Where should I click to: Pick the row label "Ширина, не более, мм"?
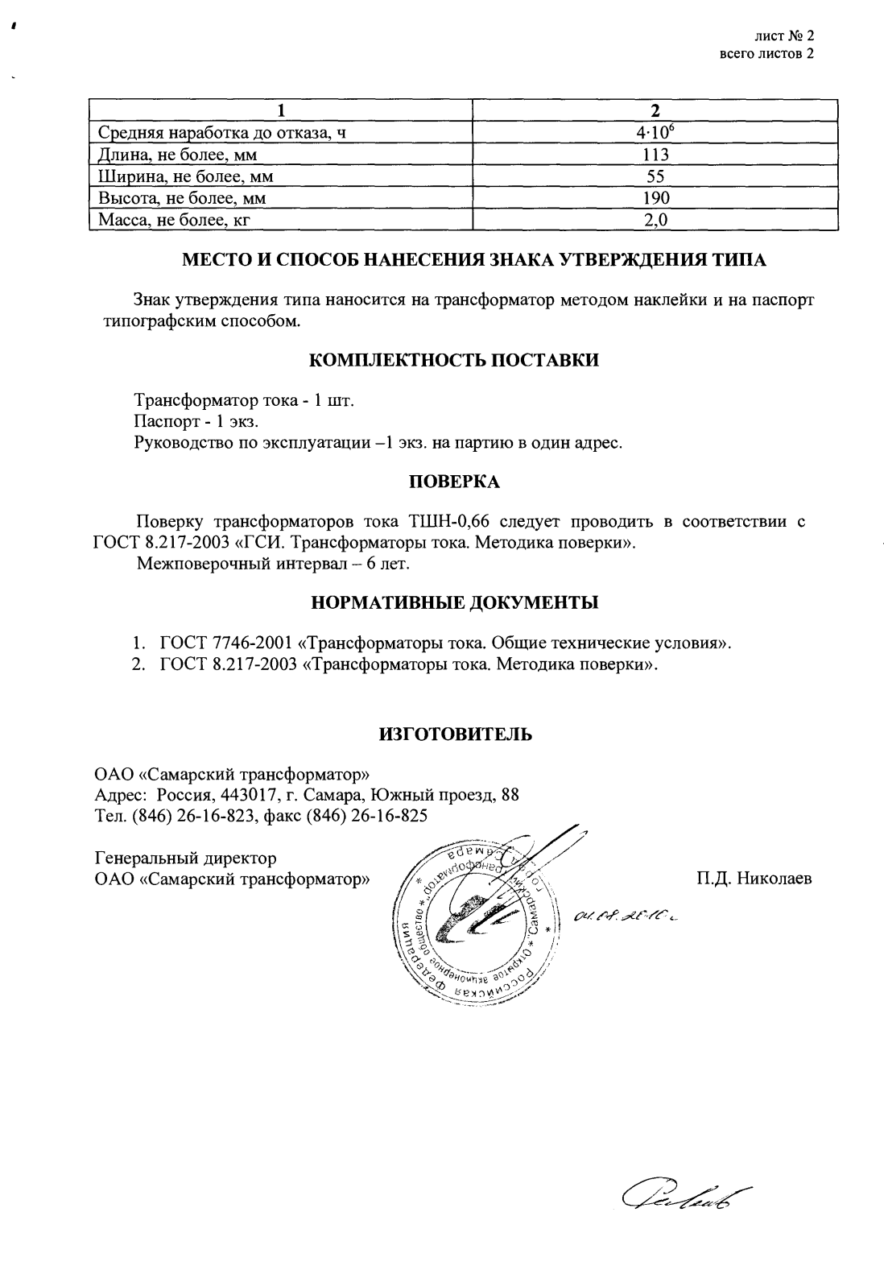(188, 176)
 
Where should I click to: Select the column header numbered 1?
(280, 110)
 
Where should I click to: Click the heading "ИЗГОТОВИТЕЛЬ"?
(454, 734)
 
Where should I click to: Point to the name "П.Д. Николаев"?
(754, 879)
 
